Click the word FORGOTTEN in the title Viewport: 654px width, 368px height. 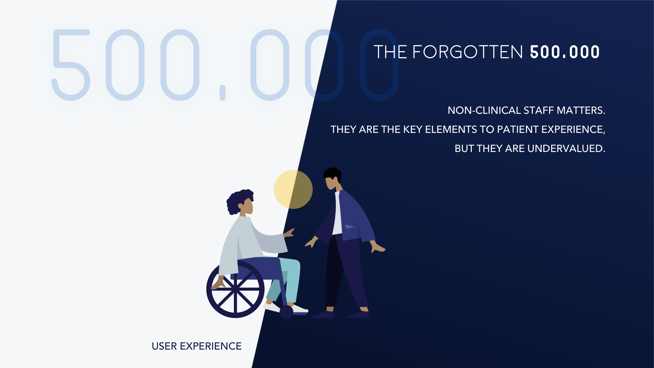[x=467, y=52]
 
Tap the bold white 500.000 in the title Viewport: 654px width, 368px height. [x=565, y=52]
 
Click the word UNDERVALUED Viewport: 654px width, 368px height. [x=566, y=149]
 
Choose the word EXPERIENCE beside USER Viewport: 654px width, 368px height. [x=211, y=346]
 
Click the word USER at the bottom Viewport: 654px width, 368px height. [x=164, y=346]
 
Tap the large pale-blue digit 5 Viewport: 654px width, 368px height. [x=71, y=65]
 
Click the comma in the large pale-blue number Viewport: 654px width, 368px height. [x=222, y=93]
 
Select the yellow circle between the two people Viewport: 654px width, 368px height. [x=293, y=189]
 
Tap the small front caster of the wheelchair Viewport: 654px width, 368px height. [x=286, y=312]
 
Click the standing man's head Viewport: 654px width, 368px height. [x=332, y=178]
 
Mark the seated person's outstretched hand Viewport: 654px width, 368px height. [x=289, y=233]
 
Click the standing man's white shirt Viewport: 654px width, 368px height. [x=338, y=213]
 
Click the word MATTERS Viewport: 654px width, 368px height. [x=581, y=110]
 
